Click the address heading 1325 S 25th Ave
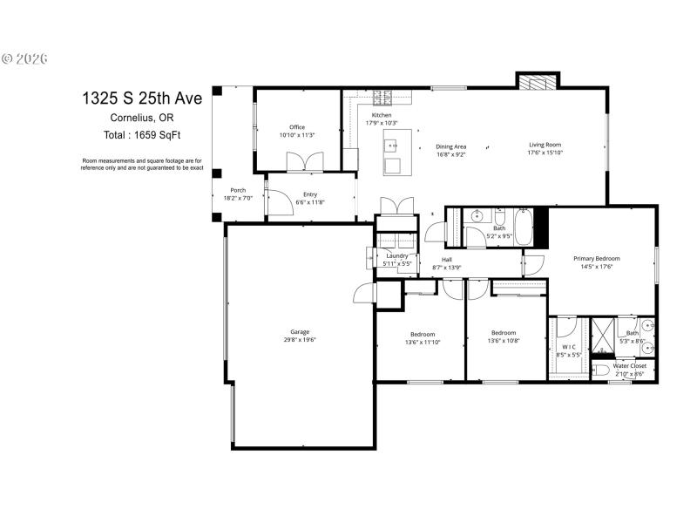tap(142, 98)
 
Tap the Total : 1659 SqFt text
tap(142, 134)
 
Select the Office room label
tap(296, 127)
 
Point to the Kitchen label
tap(382, 115)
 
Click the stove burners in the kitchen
tap(382, 96)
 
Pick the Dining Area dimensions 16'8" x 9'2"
tap(451, 154)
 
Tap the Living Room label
tap(545, 145)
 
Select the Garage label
tap(300, 332)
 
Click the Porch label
tap(238, 190)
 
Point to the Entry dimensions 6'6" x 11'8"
tap(310, 202)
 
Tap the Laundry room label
tap(397, 255)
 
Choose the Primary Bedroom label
tap(597, 258)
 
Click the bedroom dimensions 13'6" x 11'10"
tap(423, 343)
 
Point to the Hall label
tap(446, 260)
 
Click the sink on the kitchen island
tap(390, 145)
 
